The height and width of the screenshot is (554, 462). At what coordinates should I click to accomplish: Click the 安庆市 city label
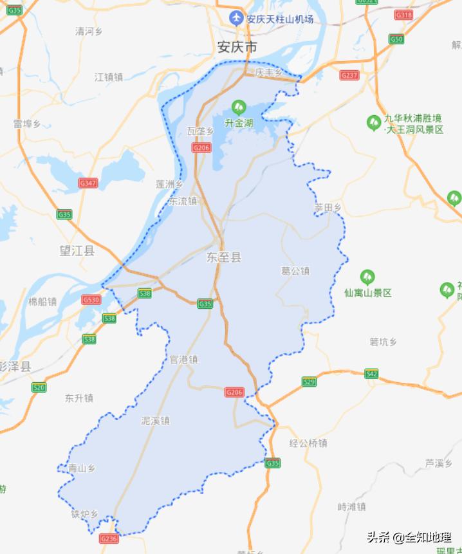pos(237,47)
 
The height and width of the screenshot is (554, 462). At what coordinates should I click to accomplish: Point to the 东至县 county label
pos(224,257)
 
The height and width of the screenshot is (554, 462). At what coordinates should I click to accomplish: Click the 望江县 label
pos(77,251)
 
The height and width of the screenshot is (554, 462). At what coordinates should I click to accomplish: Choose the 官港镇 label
pos(183,360)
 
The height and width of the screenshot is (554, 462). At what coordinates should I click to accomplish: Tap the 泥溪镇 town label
pos(155,421)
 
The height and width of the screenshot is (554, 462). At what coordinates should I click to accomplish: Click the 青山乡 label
pos(82,468)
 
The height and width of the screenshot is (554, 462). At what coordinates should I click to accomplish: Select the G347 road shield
pos(88,183)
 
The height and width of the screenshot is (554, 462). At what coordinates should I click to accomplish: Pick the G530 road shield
pos(91,300)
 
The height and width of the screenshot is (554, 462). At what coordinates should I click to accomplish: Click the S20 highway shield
pos(39,387)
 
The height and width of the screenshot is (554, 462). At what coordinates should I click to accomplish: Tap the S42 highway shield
pos(371,374)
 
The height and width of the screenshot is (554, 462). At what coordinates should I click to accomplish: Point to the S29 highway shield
pos(310,382)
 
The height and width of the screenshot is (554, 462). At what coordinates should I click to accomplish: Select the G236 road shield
pos(109,539)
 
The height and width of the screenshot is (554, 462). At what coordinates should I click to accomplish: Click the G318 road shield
pos(403,15)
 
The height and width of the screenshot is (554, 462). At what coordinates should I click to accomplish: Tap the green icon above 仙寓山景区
pos(367,277)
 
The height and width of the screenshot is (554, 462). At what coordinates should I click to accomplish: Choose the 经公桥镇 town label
pos(308,443)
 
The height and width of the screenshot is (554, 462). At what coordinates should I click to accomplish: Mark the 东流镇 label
pos(183,201)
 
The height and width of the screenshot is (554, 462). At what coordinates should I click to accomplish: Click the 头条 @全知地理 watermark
pos(409,537)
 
